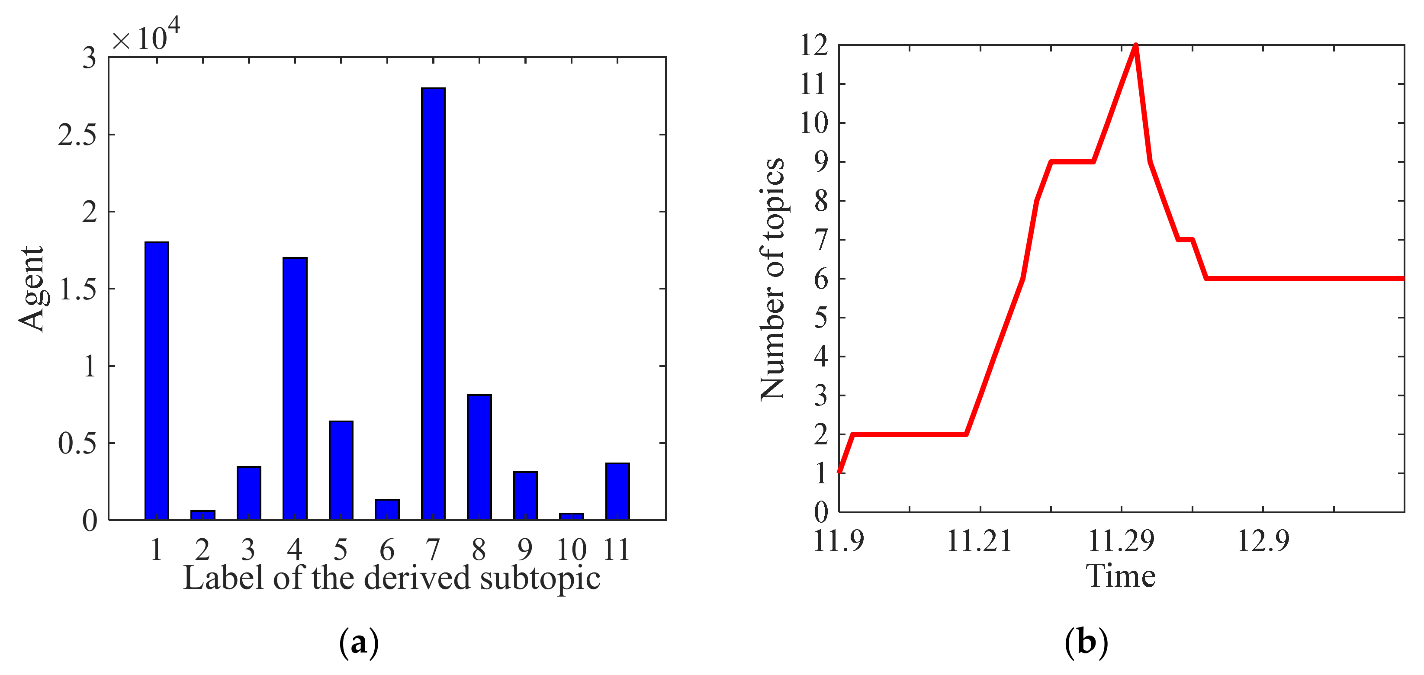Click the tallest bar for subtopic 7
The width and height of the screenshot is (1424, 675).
433,304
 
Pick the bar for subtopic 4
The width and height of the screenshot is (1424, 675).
295,389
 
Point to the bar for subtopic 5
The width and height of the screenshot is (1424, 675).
341,470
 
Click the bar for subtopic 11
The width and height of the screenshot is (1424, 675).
617,492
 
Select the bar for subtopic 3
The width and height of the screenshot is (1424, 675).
249,493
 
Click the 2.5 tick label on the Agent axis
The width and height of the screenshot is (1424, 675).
77,135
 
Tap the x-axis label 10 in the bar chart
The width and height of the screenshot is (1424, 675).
571,550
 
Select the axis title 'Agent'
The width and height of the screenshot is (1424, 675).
32,289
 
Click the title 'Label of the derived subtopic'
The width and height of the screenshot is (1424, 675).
392,578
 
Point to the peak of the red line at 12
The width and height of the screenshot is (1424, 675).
1135,45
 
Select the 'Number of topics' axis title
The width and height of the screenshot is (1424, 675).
772,279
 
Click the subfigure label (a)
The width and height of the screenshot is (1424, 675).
359,643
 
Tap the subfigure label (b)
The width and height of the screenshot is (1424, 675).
1086,643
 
